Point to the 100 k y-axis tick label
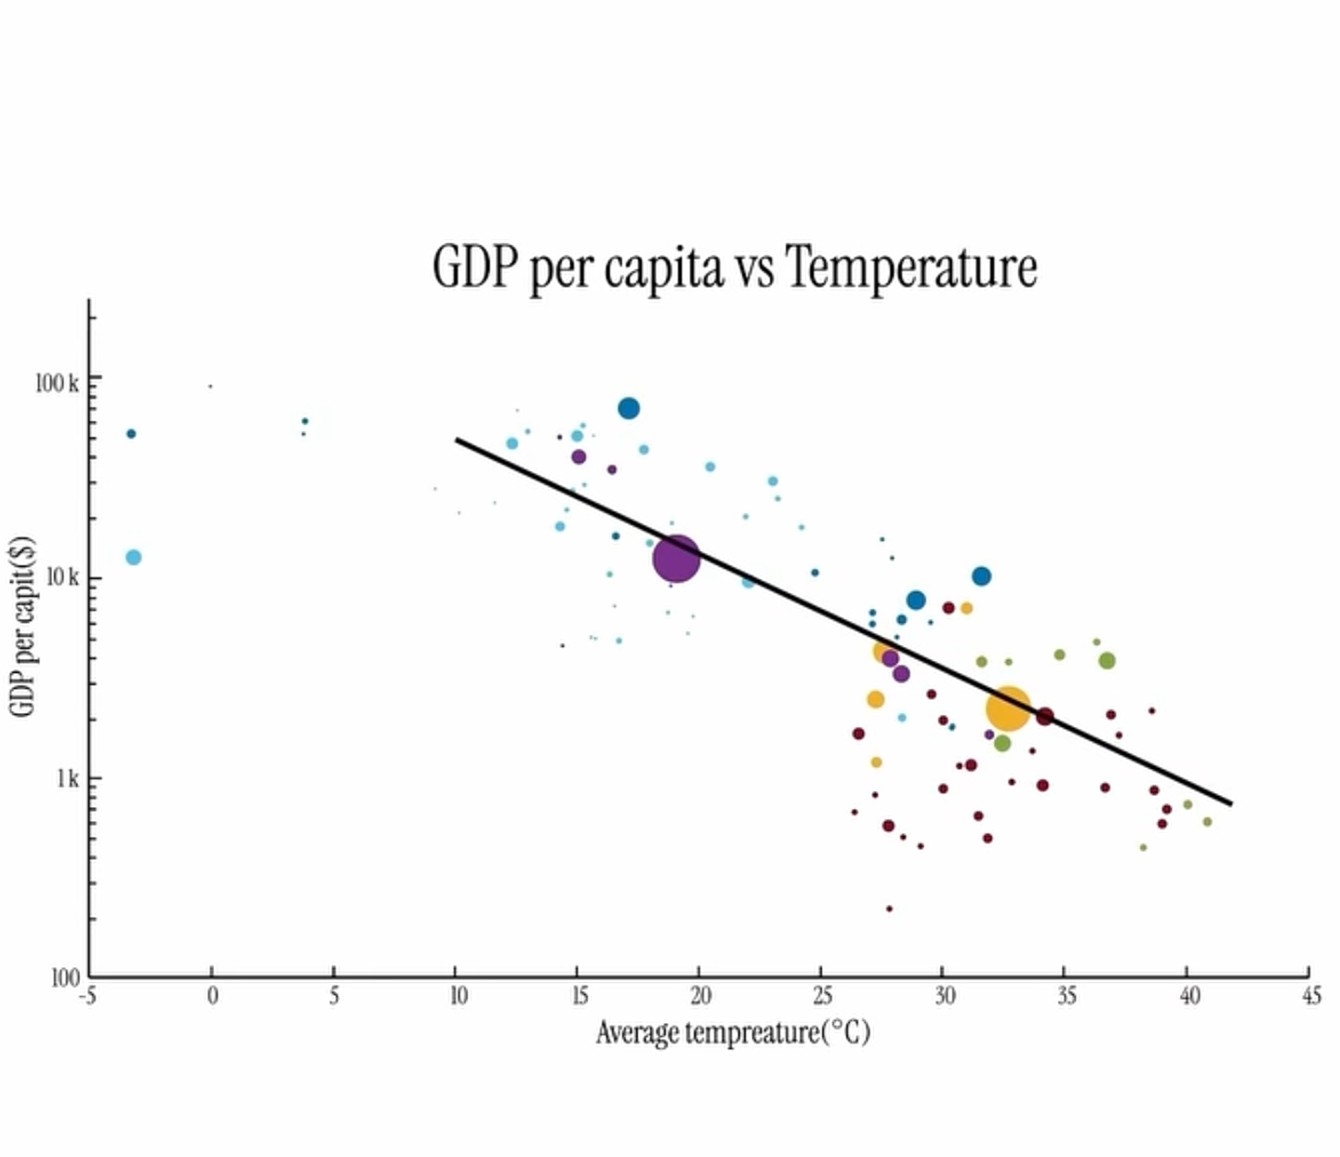pos(57,383)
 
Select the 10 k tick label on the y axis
pos(62,578)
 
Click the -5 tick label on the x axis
pos(88,997)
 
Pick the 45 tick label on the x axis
pos(1311,997)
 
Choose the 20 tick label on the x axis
pos(701,997)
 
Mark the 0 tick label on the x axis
pos(212,997)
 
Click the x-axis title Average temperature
pos(732,1032)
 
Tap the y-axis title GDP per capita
pos(22,626)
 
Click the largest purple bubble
pos(676,558)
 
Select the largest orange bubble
pos(1008,709)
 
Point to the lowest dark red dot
pos(889,908)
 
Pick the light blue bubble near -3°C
pos(133,558)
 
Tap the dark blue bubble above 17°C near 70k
pos(629,409)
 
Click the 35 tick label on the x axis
pos(1066,997)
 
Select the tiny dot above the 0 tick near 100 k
pos(210,386)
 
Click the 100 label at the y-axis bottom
pos(65,977)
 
